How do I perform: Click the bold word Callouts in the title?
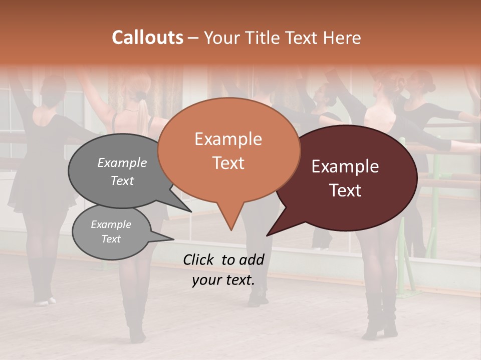pyautogui.click(x=147, y=37)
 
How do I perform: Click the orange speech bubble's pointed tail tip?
pyautogui.click(x=231, y=229)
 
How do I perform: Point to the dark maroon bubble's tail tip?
pyautogui.click(x=268, y=235)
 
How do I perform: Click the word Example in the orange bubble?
pyautogui.click(x=228, y=139)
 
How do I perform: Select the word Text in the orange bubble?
pyautogui.click(x=228, y=163)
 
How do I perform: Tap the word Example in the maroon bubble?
pyautogui.click(x=345, y=166)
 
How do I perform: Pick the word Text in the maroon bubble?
pyautogui.click(x=345, y=190)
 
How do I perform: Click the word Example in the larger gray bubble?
pyautogui.click(x=122, y=162)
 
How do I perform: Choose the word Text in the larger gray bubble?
pyautogui.click(x=122, y=180)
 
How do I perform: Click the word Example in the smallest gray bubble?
pyautogui.click(x=111, y=224)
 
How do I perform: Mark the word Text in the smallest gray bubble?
pyautogui.click(x=111, y=239)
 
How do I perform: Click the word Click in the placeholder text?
pyautogui.click(x=199, y=259)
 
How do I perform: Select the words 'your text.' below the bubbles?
pyautogui.click(x=223, y=280)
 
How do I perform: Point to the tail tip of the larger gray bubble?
pyautogui.click(x=191, y=211)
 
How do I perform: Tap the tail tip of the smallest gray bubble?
pyautogui.click(x=173, y=239)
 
